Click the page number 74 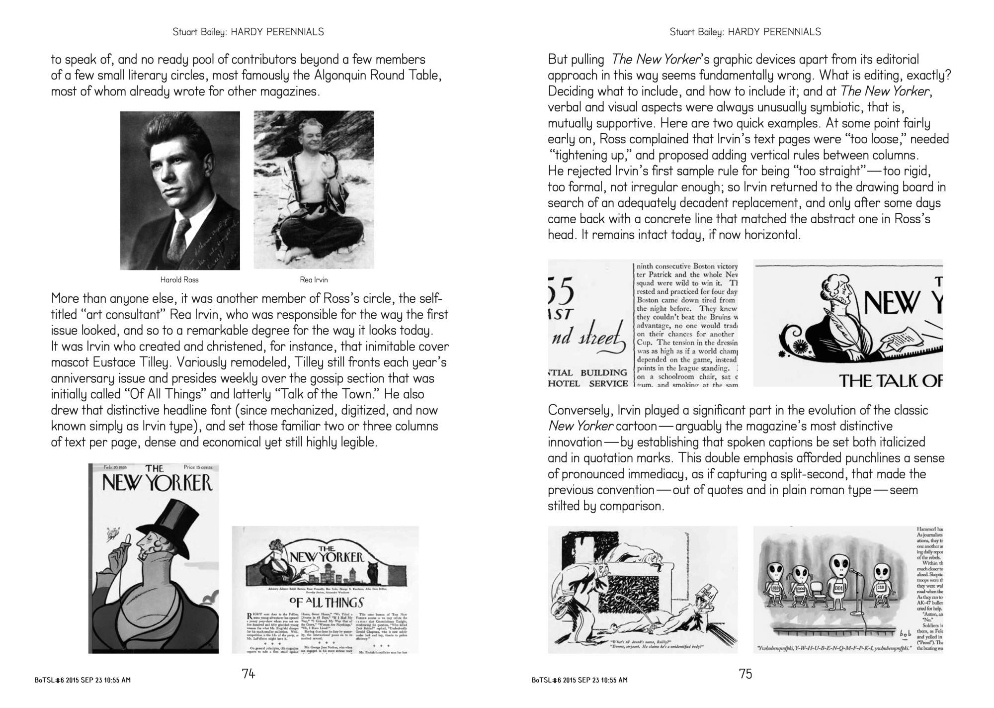point(248,674)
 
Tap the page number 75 point(745,674)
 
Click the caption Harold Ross point(179,280)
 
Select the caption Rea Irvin point(314,280)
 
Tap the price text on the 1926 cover point(197,467)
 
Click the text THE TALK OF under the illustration point(891,381)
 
